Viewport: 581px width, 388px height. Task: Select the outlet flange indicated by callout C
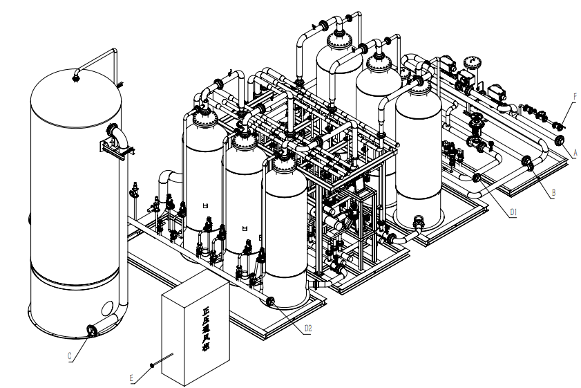(x=91, y=331)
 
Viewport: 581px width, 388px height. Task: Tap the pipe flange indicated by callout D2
(x=270, y=302)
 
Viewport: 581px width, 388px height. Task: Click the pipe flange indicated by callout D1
(x=476, y=178)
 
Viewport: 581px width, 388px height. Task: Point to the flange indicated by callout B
(x=528, y=163)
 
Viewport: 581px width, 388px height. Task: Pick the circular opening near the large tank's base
(x=108, y=307)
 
